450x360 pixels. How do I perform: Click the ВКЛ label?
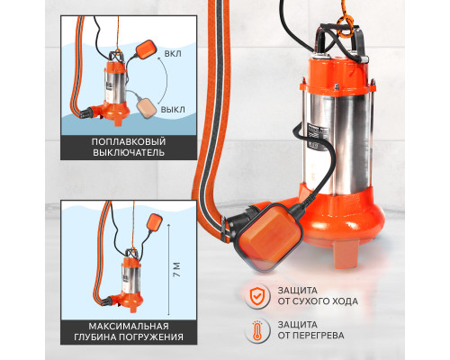click(173, 54)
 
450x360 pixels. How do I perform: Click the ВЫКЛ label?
click(173, 110)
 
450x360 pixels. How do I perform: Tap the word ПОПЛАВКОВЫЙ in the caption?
click(129, 141)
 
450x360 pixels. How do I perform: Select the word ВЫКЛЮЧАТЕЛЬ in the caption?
click(129, 152)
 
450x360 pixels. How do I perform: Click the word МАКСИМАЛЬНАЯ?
click(129, 326)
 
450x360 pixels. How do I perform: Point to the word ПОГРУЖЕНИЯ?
click(151, 337)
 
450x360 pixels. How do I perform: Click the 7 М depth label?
click(177, 270)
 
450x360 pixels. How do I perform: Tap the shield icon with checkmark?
click(256, 295)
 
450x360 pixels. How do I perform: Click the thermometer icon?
click(256, 330)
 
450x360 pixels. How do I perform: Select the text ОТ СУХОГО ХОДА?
click(318, 301)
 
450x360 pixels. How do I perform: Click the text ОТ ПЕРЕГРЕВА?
click(310, 336)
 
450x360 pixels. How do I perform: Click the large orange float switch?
click(268, 237)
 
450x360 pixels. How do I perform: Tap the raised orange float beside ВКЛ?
click(146, 49)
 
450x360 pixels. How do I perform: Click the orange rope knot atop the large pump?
click(344, 26)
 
